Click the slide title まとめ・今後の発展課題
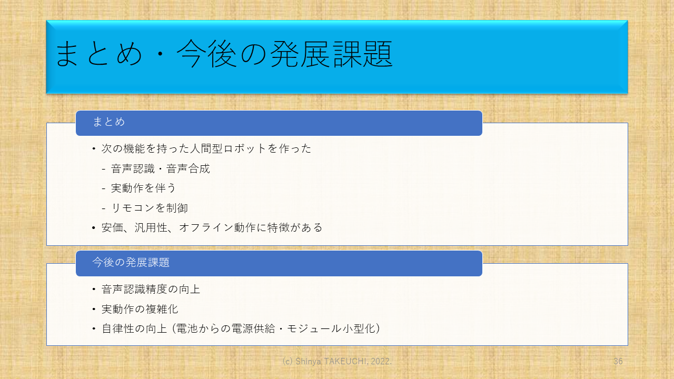(224, 54)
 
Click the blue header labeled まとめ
(279, 123)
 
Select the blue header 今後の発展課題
(279, 264)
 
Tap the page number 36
(618, 361)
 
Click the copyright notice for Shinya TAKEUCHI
(337, 361)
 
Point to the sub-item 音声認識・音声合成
(161, 169)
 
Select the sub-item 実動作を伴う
(143, 188)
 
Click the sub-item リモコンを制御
(150, 208)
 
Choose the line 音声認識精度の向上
(151, 290)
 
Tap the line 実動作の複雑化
(140, 309)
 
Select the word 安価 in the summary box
(113, 228)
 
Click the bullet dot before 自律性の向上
(94, 329)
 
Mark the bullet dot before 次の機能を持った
(94, 149)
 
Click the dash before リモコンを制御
(104, 208)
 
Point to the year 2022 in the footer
(380, 361)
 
